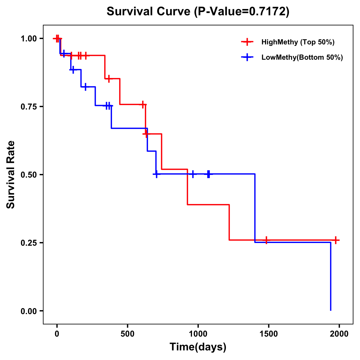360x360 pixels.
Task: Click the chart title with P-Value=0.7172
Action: [198, 12]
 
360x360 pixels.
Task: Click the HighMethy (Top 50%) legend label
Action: [298, 42]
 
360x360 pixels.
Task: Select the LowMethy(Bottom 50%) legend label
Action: [302, 57]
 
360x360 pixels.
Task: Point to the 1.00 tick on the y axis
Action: [28, 39]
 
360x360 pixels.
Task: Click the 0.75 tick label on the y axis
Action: [28, 107]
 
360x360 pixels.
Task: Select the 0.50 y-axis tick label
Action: [28, 175]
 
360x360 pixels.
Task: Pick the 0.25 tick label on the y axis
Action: [28, 243]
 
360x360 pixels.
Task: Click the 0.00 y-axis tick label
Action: [28, 311]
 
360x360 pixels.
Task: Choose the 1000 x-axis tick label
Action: [198, 334]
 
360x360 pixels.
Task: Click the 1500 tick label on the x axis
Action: [268, 334]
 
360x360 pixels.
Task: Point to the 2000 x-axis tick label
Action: [339, 334]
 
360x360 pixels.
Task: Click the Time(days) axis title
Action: [198, 347]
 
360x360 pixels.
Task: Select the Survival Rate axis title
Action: [11, 175]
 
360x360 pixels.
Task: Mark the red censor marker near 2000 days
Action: [336, 240]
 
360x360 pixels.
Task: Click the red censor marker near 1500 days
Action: [266, 240]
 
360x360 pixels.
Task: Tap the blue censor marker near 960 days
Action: [193, 174]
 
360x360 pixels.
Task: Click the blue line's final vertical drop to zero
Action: [331, 276]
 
